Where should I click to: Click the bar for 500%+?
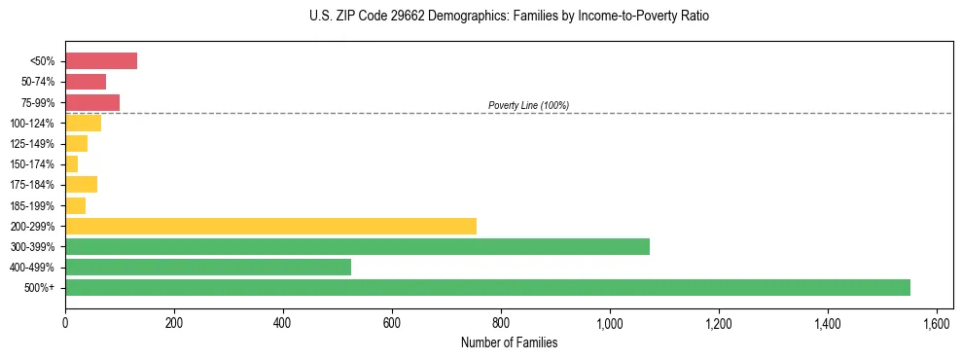click(x=487, y=287)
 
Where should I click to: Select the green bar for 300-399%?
click(x=357, y=246)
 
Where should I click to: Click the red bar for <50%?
click(x=101, y=61)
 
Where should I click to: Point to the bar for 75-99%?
click(x=92, y=102)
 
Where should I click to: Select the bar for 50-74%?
click(x=86, y=82)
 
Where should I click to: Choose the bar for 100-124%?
click(x=83, y=123)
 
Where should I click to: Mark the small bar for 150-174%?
click(x=72, y=164)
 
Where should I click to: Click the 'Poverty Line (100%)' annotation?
click(x=528, y=105)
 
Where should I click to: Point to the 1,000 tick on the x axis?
click(x=610, y=320)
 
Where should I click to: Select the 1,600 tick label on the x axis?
click(x=937, y=320)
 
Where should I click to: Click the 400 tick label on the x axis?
click(x=283, y=320)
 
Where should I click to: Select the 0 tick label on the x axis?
click(x=65, y=320)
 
